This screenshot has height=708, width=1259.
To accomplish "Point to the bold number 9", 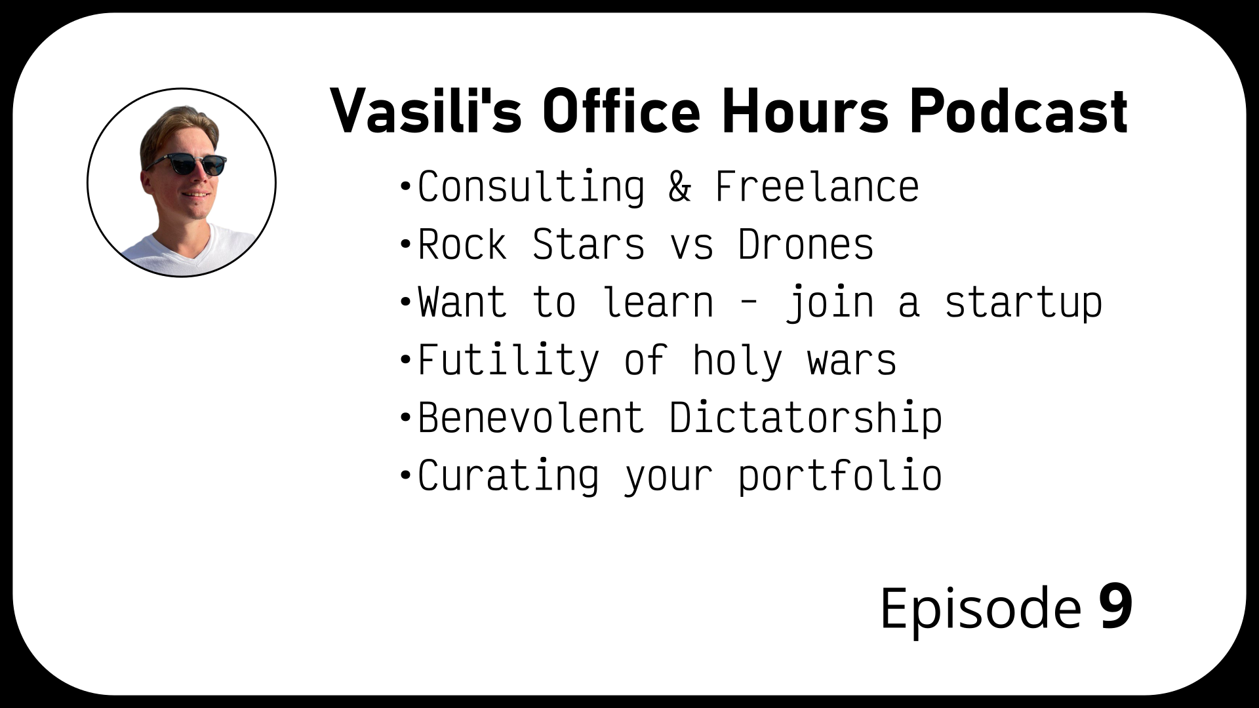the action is tap(1116, 608).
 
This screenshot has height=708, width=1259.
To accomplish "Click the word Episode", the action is tap(980, 609).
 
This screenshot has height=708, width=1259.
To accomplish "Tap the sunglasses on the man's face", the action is tap(186, 163).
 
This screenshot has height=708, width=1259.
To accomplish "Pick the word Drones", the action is tap(806, 245).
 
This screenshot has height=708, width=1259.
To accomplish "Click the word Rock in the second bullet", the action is tap(463, 245).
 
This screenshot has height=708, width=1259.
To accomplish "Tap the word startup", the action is tap(1023, 303).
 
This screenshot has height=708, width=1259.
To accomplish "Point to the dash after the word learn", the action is tap(749, 304).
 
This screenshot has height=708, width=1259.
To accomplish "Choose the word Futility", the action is tap(509, 361).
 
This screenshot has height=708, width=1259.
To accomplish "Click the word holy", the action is tap(738, 361).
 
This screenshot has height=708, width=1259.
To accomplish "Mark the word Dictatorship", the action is tap(806, 419).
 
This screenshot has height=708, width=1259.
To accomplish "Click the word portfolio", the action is tap(840, 477).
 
